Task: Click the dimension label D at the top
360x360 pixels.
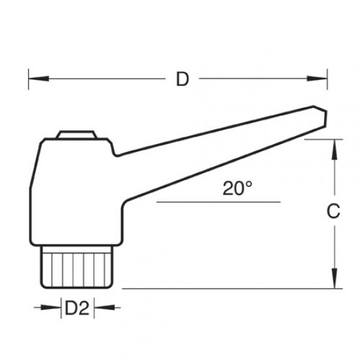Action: (183, 80)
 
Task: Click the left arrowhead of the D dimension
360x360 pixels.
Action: (32, 80)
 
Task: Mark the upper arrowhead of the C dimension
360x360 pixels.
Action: (333, 143)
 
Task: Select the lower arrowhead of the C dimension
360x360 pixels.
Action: (333, 283)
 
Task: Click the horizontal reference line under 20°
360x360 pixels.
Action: (216, 203)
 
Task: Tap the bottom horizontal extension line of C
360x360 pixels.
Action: (229, 289)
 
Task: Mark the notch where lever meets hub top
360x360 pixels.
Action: (114, 155)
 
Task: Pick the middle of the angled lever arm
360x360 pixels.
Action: (216, 147)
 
